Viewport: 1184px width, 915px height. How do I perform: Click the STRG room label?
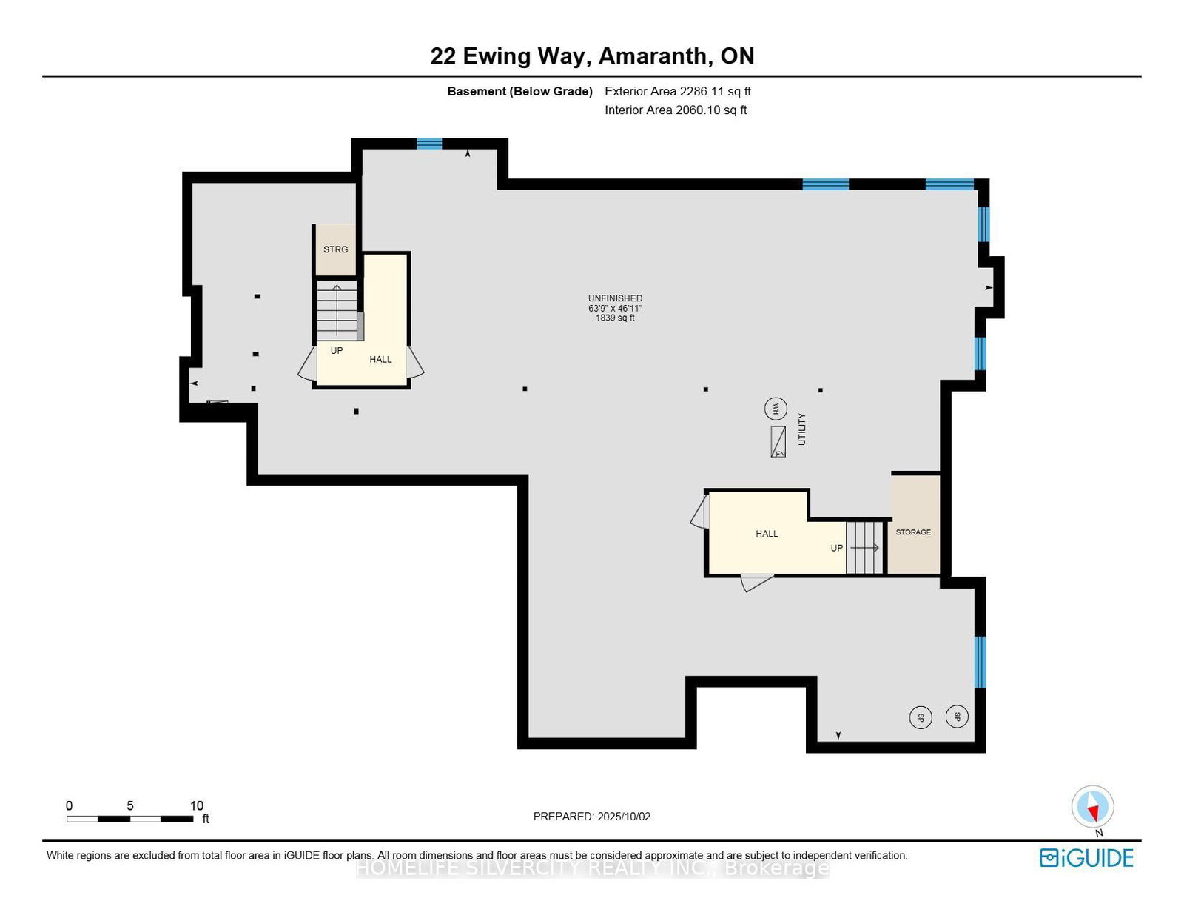point(335,249)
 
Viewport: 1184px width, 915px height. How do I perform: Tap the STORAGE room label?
point(913,532)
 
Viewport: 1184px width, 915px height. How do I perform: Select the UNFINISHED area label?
point(615,298)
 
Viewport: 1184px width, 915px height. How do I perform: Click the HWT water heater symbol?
point(776,408)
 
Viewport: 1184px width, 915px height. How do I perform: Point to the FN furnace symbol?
point(778,442)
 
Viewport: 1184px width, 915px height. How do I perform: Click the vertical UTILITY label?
point(801,429)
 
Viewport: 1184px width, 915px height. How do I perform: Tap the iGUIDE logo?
point(1086,858)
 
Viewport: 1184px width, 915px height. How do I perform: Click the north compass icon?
point(1092,807)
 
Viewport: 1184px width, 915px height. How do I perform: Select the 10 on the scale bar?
point(196,806)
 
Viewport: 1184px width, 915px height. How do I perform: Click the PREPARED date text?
point(591,817)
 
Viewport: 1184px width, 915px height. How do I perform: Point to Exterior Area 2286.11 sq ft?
point(677,92)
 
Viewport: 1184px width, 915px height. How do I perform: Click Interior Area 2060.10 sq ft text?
point(675,110)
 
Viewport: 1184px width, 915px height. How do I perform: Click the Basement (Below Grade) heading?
point(519,92)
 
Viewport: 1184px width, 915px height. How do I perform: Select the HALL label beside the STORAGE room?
point(767,534)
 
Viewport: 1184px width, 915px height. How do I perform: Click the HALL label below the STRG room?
point(380,360)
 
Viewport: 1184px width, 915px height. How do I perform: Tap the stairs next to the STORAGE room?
point(864,548)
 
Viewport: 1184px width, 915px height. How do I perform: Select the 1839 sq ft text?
point(615,318)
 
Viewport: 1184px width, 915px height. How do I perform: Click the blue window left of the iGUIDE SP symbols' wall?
point(980,661)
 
